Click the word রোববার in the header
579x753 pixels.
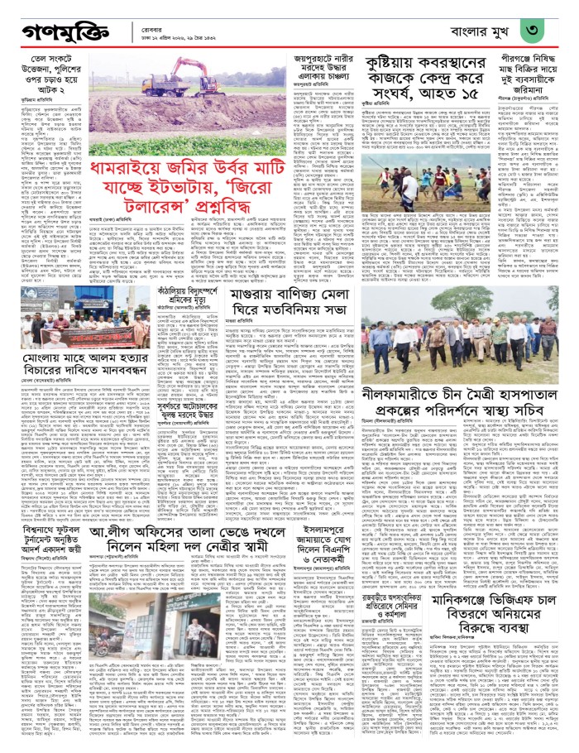point(150,24)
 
